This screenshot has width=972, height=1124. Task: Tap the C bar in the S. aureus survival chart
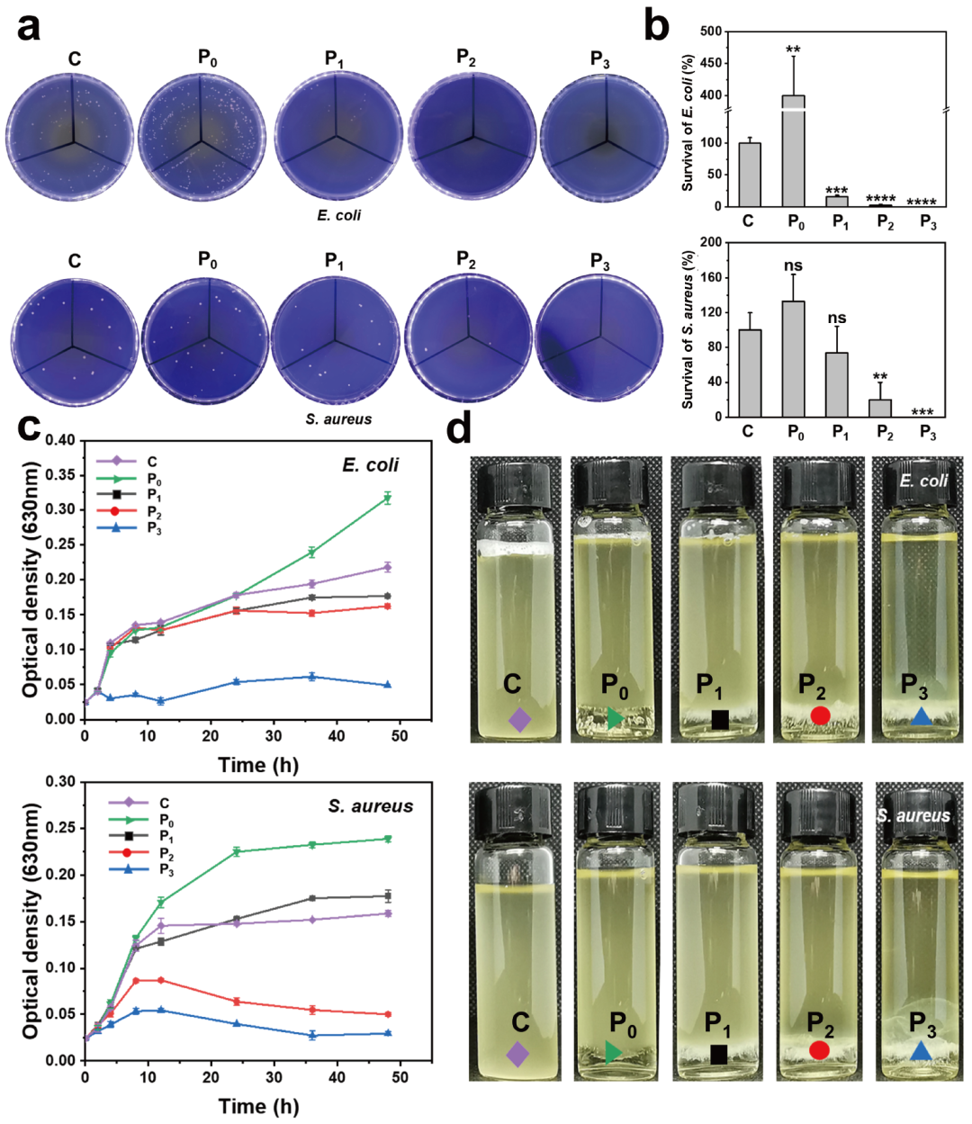[x=749, y=373]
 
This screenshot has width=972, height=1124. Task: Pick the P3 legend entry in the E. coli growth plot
[x=126, y=528]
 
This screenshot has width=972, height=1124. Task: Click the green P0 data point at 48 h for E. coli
[x=388, y=498]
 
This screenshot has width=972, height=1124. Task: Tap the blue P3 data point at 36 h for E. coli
[x=311, y=676]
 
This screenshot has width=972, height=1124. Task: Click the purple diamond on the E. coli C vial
[x=518, y=719]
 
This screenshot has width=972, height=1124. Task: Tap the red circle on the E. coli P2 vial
[x=819, y=715]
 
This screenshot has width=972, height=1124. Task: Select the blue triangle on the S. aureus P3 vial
[x=920, y=1051]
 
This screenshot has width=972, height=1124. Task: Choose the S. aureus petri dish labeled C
[x=76, y=342]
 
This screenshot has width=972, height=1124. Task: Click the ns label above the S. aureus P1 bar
[x=837, y=318]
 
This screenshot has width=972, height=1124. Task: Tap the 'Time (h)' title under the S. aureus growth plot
[x=258, y=1106]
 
